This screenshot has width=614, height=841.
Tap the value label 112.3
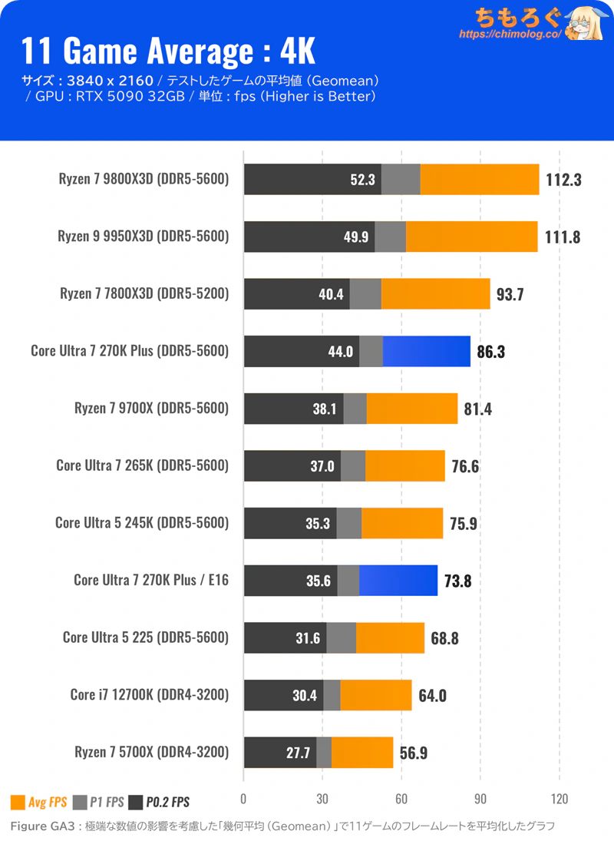564,180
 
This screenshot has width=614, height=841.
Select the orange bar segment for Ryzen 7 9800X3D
480,180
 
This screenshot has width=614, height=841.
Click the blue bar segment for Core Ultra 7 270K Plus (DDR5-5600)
426,351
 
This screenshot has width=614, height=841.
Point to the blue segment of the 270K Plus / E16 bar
398,580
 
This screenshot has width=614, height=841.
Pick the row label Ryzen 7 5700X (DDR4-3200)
152,752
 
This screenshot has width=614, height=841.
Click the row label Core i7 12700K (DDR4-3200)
150,695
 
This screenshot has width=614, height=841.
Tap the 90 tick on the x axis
480,798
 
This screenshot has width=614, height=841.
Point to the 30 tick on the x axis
322,798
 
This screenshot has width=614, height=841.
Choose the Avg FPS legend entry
38,803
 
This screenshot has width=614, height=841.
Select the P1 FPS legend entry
98,803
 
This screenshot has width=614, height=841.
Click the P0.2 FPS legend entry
159,803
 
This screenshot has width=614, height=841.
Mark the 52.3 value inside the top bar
361,180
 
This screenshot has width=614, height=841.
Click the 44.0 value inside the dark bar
340,351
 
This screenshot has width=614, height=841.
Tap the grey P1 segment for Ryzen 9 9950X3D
390,237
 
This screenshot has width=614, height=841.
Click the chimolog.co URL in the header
510,35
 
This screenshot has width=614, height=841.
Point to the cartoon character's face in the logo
584,26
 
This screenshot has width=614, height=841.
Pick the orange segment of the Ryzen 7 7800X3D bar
435,294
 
